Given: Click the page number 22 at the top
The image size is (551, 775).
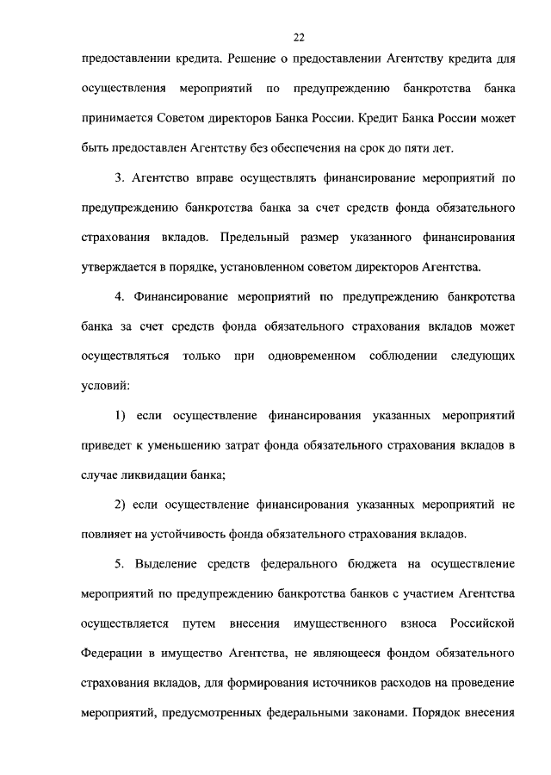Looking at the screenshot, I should point(298,37).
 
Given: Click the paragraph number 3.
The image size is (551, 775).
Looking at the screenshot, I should point(120,179).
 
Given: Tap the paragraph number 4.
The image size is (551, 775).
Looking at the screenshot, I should point(120,299).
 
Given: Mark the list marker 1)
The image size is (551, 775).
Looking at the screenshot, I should point(121,417).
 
